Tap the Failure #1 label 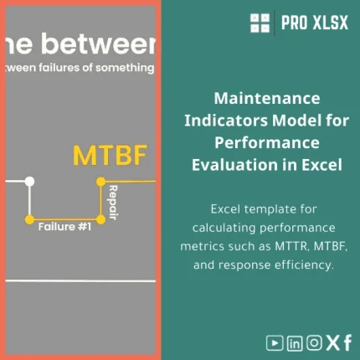(64, 226)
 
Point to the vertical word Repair (111, 200)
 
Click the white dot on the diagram (30, 181)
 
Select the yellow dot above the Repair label (100, 181)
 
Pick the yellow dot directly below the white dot (30, 219)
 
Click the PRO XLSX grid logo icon (261, 23)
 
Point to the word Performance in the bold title (264, 142)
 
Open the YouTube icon (275, 342)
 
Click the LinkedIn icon (295, 342)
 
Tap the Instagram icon (314, 342)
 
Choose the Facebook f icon (347, 342)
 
